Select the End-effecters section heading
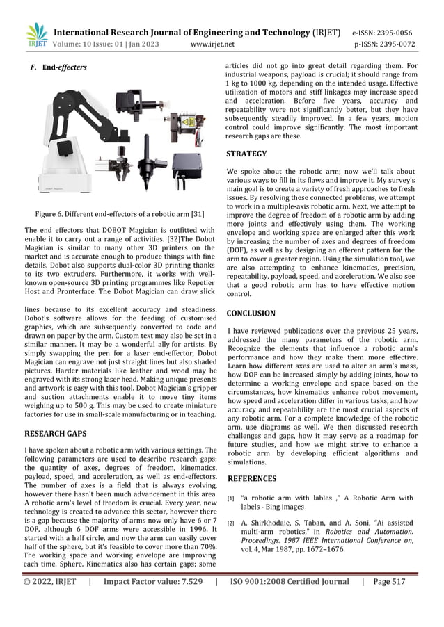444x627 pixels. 62,68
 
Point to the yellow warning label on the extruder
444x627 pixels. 188,122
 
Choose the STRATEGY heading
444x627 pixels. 246,154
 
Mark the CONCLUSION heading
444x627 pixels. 251,313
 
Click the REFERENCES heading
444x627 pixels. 252,478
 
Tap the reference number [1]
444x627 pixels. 232,498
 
